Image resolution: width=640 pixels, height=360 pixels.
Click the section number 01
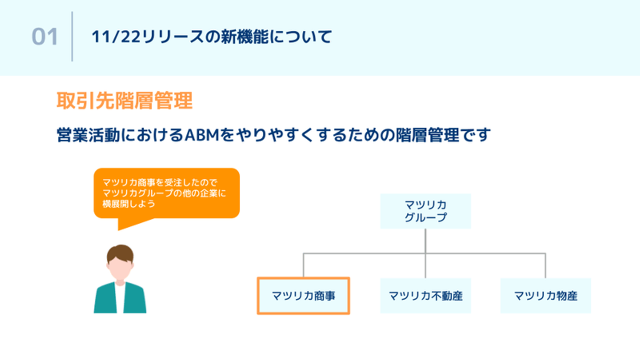[x=45, y=37]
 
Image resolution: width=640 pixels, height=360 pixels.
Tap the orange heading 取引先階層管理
[x=124, y=101]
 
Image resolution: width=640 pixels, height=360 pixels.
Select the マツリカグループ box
[x=425, y=211]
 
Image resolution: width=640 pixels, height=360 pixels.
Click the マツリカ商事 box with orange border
[x=304, y=296]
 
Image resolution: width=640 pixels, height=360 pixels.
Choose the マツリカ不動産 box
[x=425, y=296]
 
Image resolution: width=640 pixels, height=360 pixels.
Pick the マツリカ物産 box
[x=546, y=296]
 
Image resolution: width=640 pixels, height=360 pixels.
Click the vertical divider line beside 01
[x=72, y=37]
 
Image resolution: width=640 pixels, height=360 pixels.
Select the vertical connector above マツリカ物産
[x=545, y=266]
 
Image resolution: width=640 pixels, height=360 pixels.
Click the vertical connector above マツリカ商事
[x=304, y=265]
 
